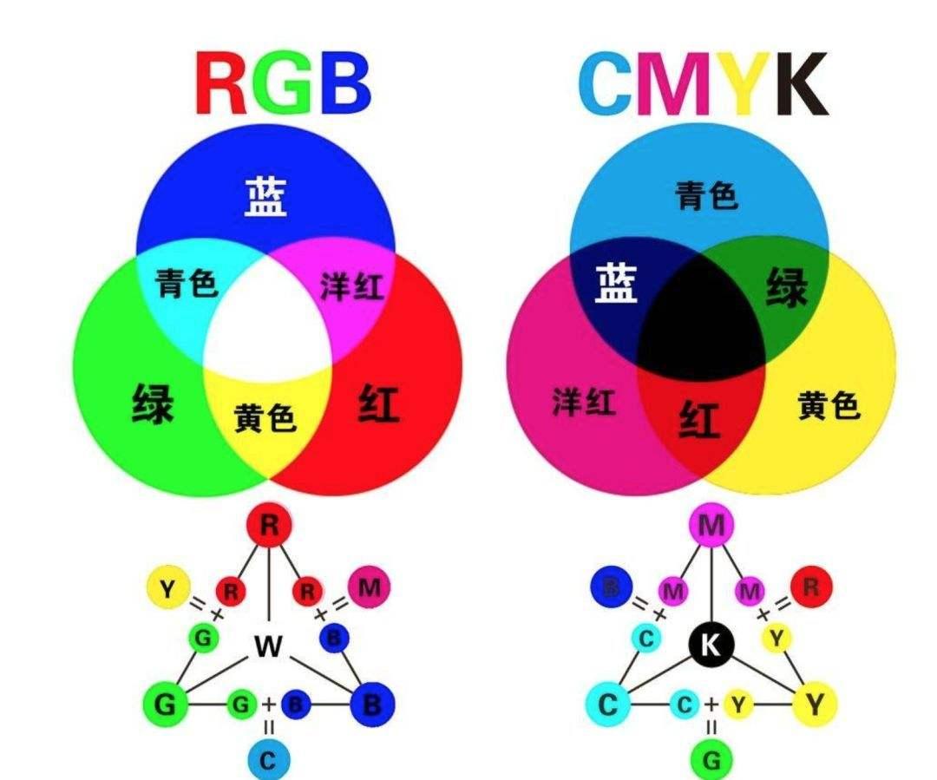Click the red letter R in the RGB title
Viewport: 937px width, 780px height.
point(221,83)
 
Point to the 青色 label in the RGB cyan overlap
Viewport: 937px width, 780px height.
point(187,283)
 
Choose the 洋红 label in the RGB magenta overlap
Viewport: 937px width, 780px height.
point(352,286)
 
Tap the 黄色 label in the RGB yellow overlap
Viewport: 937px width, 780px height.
point(265,417)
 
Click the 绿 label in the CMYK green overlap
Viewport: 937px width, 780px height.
point(787,287)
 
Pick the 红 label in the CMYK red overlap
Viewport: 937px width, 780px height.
point(698,419)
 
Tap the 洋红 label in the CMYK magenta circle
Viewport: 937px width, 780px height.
point(584,401)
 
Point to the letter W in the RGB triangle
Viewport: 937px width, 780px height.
point(268,646)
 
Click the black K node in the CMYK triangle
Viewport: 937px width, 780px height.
point(711,645)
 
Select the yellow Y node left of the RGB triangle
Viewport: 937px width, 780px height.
point(168,589)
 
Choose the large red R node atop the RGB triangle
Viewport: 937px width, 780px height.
point(270,526)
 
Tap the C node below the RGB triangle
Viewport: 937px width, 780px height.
point(268,760)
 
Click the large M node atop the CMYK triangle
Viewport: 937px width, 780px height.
point(711,526)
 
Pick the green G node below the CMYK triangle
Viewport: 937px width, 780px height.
point(711,760)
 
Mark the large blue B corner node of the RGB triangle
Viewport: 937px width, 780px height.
point(371,705)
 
